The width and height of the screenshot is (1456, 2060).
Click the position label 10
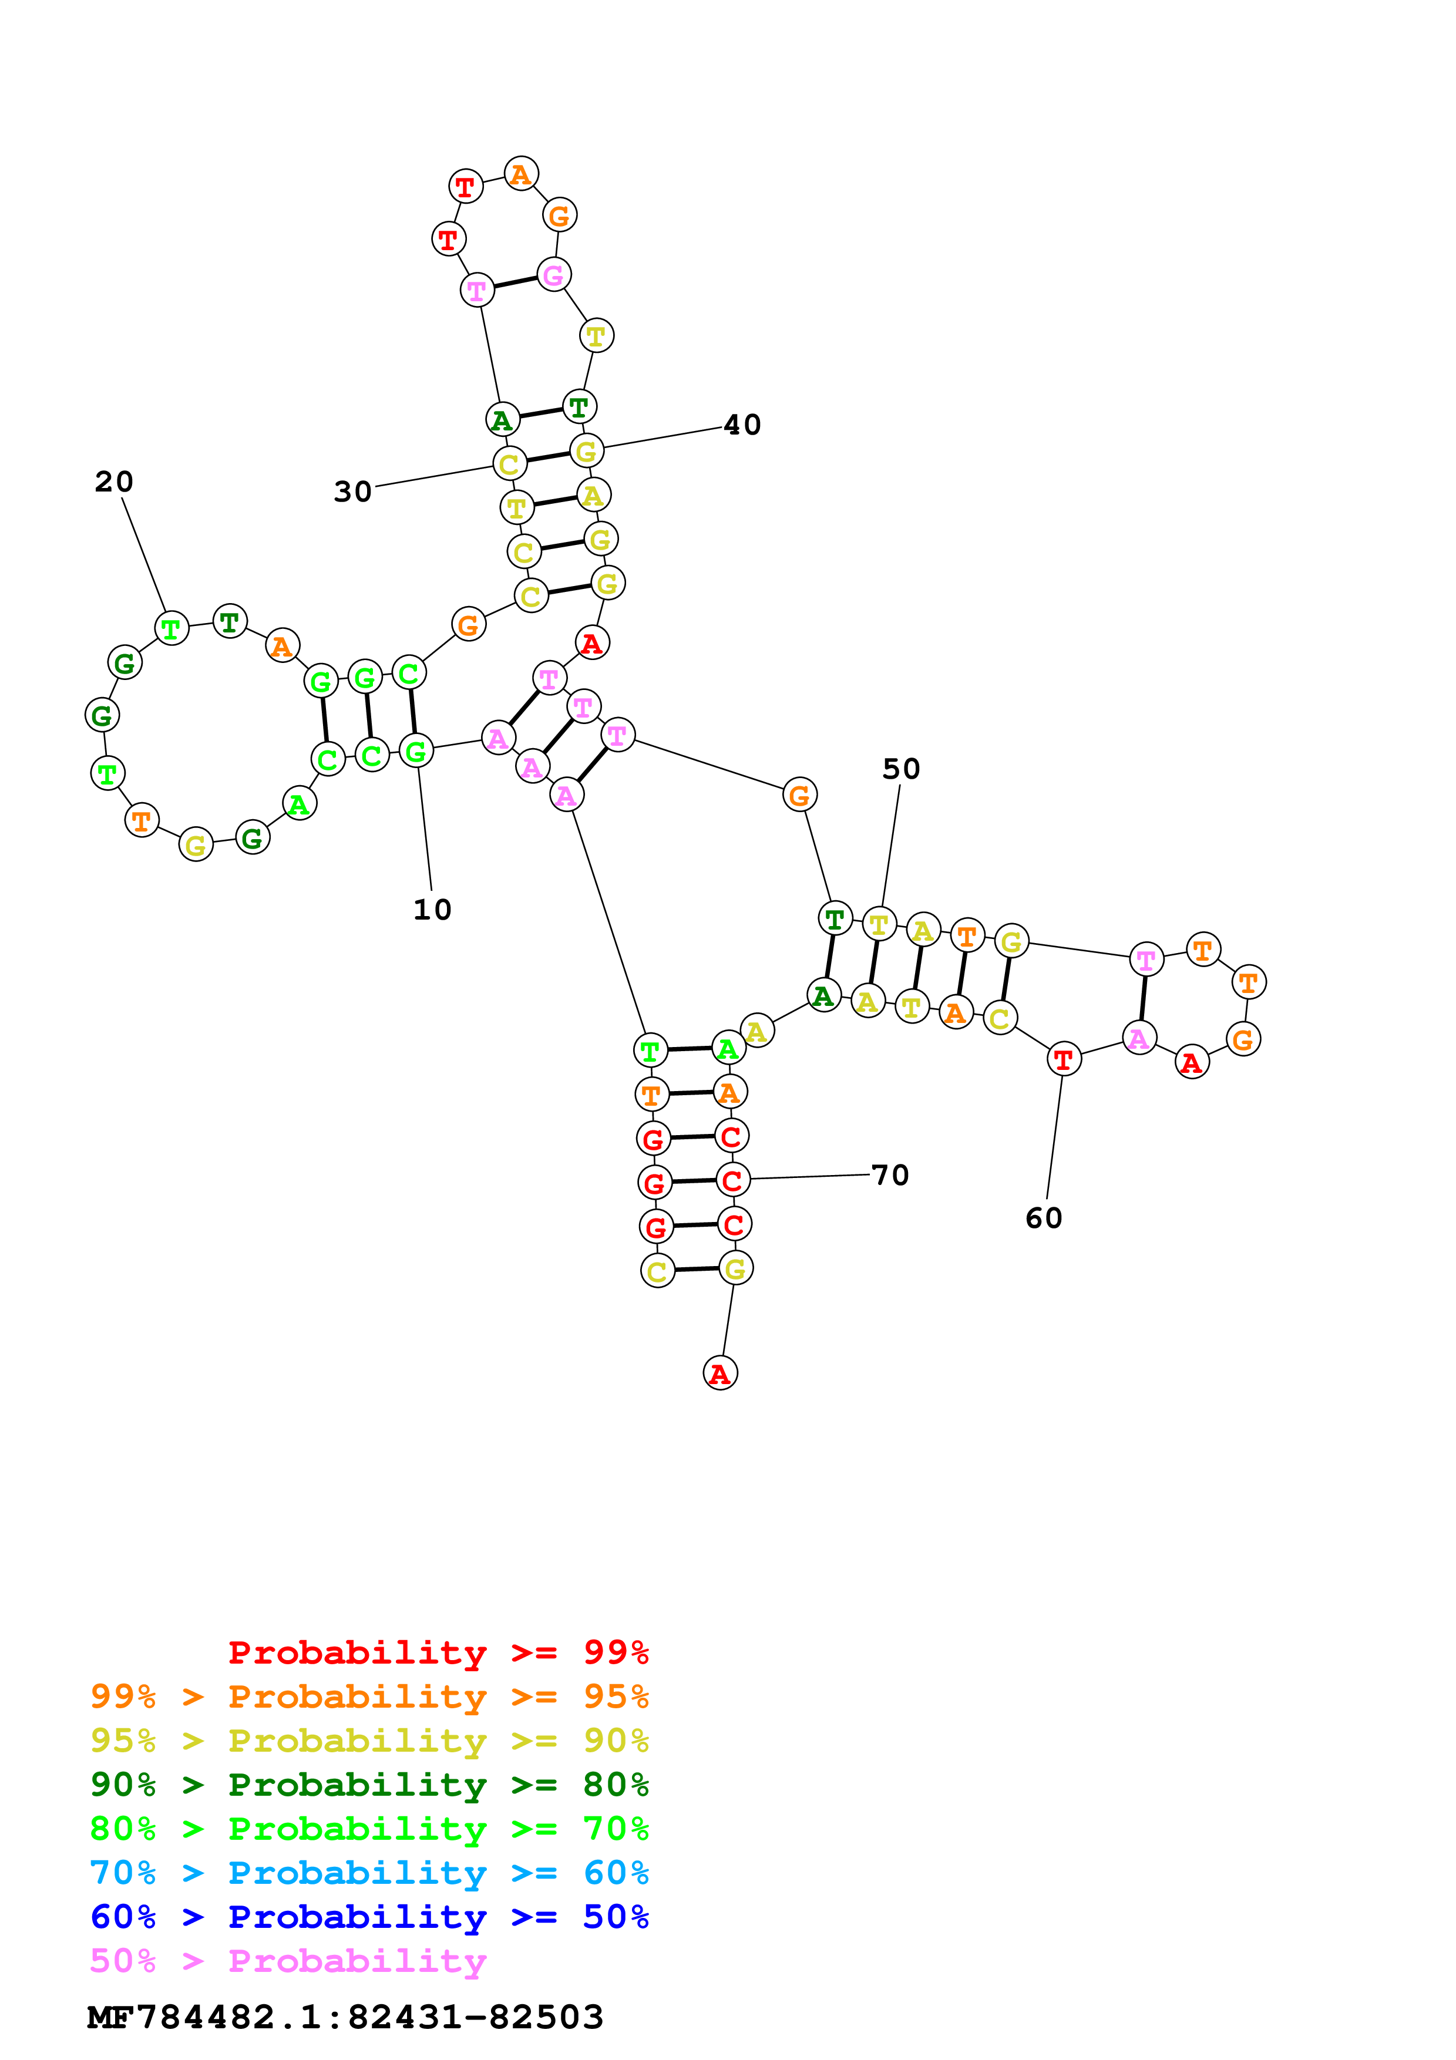coord(432,910)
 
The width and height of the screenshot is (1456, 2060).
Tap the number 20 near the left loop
coord(114,482)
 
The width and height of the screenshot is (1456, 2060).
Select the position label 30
coord(352,492)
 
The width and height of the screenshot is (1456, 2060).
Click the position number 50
coord(901,769)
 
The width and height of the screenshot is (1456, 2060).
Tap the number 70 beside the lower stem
coord(890,1176)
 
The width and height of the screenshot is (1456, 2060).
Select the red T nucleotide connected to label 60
coord(1064,1059)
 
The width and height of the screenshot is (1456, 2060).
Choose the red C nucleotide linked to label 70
coord(733,1180)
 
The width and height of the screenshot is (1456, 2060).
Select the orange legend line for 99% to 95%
coord(369,1697)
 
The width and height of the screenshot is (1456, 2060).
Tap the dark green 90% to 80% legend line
coord(369,1785)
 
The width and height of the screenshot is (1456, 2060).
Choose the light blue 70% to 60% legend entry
coord(369,1873)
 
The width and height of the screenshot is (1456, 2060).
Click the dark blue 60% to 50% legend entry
coord(369,1917)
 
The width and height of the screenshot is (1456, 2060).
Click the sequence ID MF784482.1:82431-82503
coord(345,2017)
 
